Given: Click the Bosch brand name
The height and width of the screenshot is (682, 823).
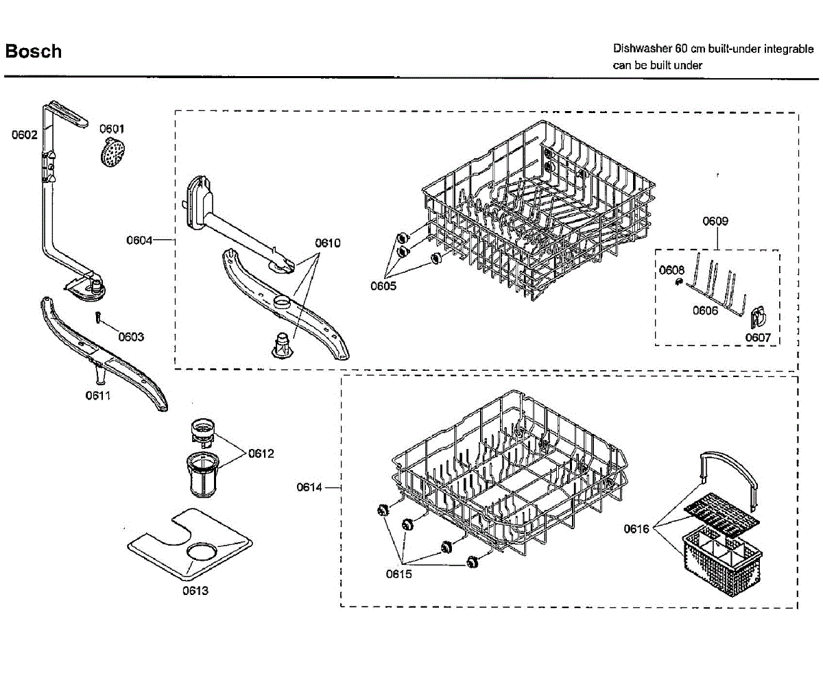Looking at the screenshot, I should pyautogui.click(x=34, y=51).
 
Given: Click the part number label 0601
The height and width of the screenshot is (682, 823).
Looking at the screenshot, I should pyautogui.click(x=112, y=129).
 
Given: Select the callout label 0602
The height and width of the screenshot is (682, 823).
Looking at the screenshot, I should pyautogui.click(x=24, y=135).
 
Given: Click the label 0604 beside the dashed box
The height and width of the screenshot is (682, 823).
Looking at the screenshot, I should pyautogui.click(x=139, y=240).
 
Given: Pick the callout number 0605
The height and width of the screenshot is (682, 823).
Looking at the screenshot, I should pyautogui.click(x=383, y=286).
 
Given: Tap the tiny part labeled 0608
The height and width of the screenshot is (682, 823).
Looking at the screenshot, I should pyautogui.click(x=678, y=282).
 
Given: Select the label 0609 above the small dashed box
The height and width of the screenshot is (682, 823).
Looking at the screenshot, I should pyautogui.click(x=715, y=221).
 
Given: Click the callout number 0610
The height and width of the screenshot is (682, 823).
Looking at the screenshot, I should pyautogui.click(x=328, y=243).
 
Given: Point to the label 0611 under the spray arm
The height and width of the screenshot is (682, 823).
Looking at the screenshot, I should pyautogui.click(x=97, y=395).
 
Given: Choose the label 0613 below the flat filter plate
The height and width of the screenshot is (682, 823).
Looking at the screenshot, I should pyautogui.click(x=195, y=591).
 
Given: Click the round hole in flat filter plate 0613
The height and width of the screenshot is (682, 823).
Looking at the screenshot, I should pyautogui.click(x=202, y=552).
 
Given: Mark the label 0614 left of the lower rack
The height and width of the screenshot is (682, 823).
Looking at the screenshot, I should pyautogui.click(x=309, y=487).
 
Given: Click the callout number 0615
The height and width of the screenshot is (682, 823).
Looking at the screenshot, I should pyautogui.click(x=398, y=574).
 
